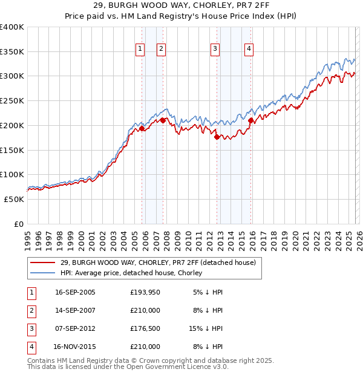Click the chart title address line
[181, 5]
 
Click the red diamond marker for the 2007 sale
[163, 120]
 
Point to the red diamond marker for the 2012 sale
[217, 137]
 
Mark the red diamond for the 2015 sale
[250, 120]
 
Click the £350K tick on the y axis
[12, 52]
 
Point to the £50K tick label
[14, 199]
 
